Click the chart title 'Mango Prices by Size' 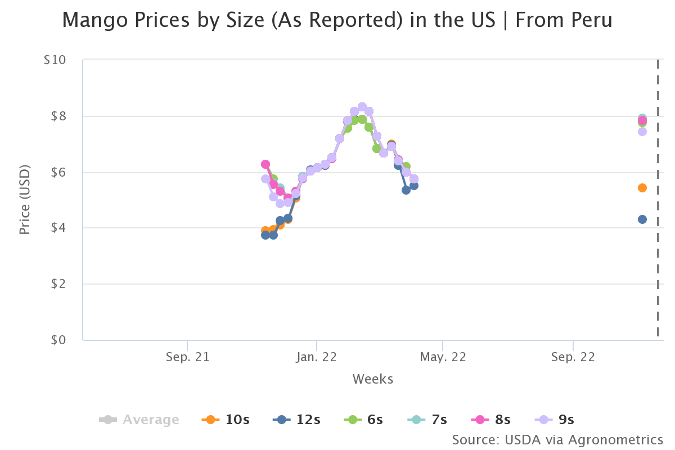(163, 20)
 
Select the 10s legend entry (226, 419)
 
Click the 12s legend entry (296, 419)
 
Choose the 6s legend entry (363, 419)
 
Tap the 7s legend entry (427, 419)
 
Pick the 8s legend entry (490, 419)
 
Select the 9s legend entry (554, 419)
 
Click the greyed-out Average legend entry (139, 419)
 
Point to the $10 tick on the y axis (55, 60)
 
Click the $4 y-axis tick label (58, 228)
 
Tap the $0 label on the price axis (58, 340)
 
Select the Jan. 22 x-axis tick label (316, 357)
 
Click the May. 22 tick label (443, 357)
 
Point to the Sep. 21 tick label (187, 357)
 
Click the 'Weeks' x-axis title (373, 379)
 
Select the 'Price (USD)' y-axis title (25, 200)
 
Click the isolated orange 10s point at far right (642, 188)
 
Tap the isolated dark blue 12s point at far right (642, 219)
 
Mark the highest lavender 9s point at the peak (362, 107)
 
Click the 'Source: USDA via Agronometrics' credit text (557, 440)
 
